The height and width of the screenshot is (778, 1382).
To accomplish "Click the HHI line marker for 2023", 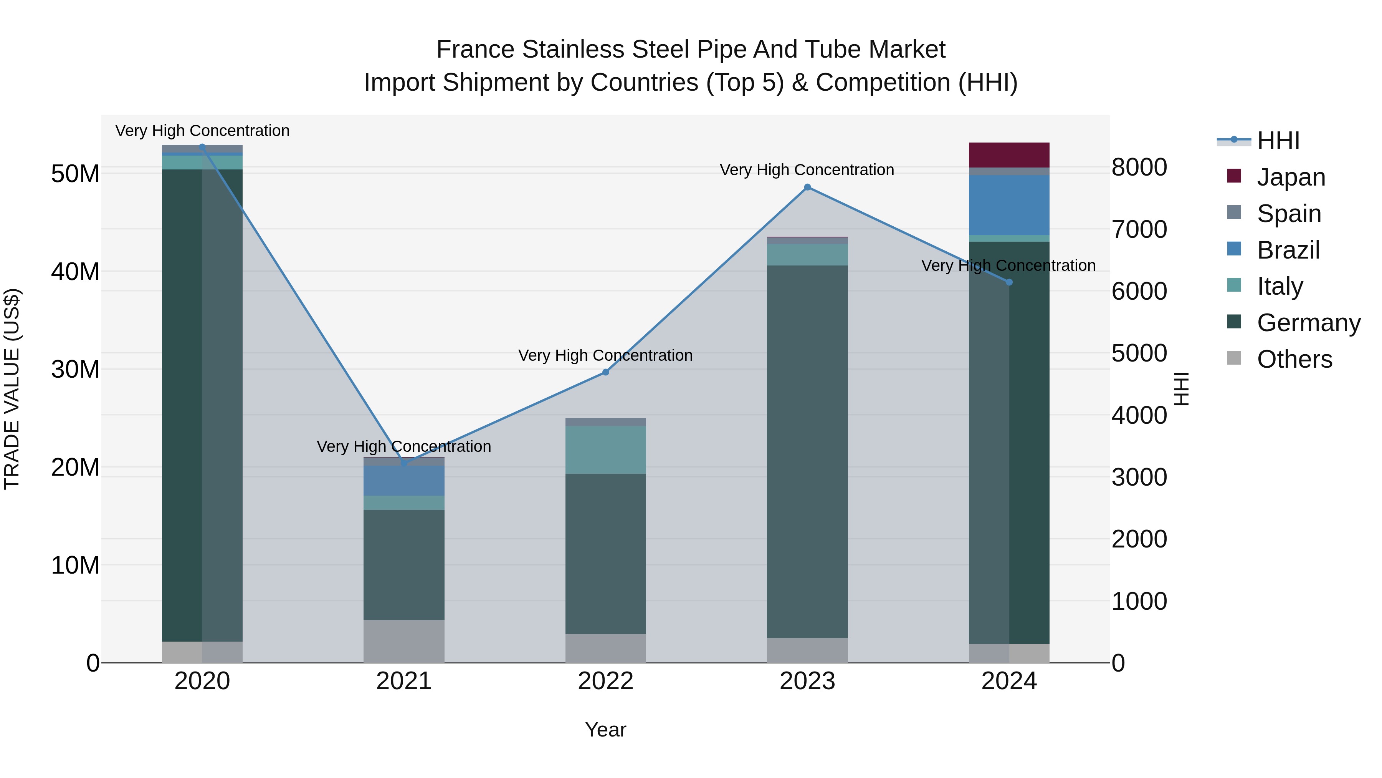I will tap(807, 187).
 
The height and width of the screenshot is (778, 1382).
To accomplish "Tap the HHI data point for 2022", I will tap(606, 372).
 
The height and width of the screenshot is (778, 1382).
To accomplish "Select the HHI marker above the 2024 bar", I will tap(1009, 282).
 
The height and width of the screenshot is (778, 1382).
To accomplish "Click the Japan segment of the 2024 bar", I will tap(1009, 155).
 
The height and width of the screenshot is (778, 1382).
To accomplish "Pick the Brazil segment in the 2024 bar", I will tap(1009, 205).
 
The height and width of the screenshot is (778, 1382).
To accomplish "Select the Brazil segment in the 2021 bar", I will tap(404, 481).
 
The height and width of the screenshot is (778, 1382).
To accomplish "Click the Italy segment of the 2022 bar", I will tap(606, 450).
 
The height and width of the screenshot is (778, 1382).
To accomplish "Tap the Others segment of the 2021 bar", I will tap(404, 641).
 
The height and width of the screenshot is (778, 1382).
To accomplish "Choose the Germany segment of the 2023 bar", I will tap(807, 451).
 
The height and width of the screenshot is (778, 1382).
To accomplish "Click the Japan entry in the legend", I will tap(1291, 177).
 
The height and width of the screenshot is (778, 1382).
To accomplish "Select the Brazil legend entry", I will tap(1288, 250).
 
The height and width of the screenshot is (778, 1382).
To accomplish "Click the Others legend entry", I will tap(1294, 359).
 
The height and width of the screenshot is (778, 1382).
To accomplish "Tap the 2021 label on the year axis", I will tap(404, 681).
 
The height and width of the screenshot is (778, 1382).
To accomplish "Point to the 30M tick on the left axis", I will tap(75, 369).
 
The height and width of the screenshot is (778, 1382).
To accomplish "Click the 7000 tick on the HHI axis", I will tap(1139, 229).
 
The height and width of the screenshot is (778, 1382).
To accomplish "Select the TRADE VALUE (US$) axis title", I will tap(12, 389).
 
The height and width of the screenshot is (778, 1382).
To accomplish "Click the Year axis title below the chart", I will tap(606, 730).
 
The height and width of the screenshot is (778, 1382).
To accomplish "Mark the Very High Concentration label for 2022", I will tap(606, 355).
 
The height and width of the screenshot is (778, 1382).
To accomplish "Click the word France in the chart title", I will tap(475, 50).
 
